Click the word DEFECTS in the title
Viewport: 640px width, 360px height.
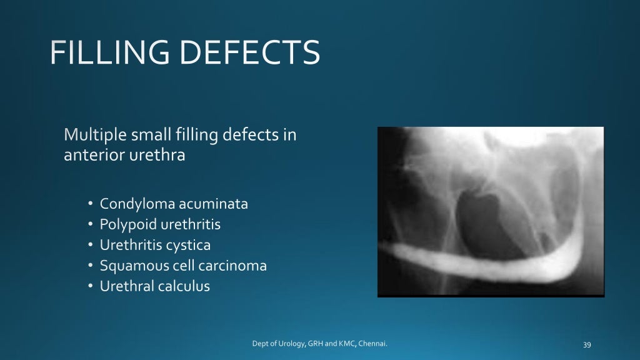click(x=249, y=53)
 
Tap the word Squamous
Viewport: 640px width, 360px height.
click(x=131, y=266)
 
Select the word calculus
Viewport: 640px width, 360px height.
click(x=184, y=286)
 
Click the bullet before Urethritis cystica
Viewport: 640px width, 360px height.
click(x=90, y=245)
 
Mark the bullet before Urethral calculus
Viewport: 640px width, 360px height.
click(x=90, y=286)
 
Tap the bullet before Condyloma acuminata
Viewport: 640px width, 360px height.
click(x=90, y=204)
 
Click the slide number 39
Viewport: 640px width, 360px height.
click(x=586, y=344)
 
